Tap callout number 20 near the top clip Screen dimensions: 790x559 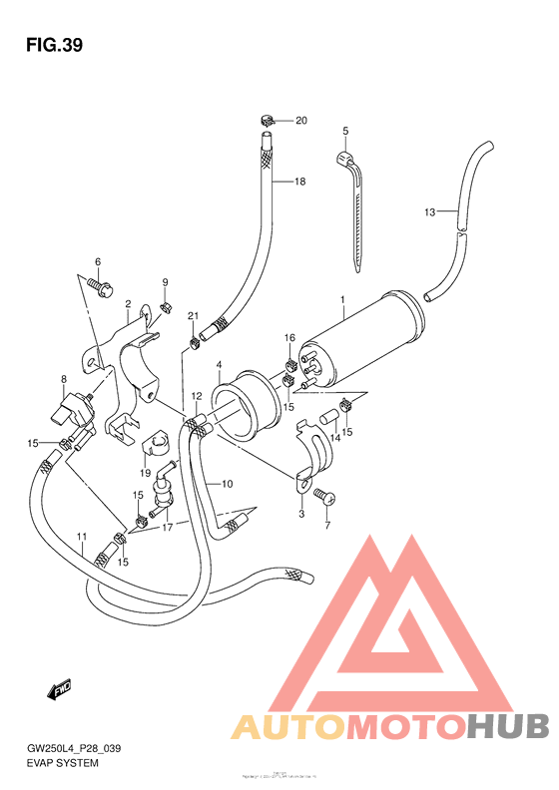click(x=300, y=121)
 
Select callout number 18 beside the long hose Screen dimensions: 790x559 click(x=298, y=182)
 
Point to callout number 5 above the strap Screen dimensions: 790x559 click(x=345, y=132)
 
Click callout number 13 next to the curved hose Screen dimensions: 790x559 click(x=429, y=211)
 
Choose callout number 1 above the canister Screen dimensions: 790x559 click(x=341, y=299)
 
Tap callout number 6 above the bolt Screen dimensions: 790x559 click(x=98, y=262)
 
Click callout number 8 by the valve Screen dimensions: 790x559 click(x=63, y=379)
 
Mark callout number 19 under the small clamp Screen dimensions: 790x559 click(x=145, y=473)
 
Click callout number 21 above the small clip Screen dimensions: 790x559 click(x=194, y=316)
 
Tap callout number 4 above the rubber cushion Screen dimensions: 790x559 click(x=218, y=365)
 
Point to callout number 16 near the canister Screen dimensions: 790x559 click(x=289, y=338)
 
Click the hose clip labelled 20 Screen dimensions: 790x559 click(x=269, y=124)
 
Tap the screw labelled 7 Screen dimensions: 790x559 click(x=324, y=496)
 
